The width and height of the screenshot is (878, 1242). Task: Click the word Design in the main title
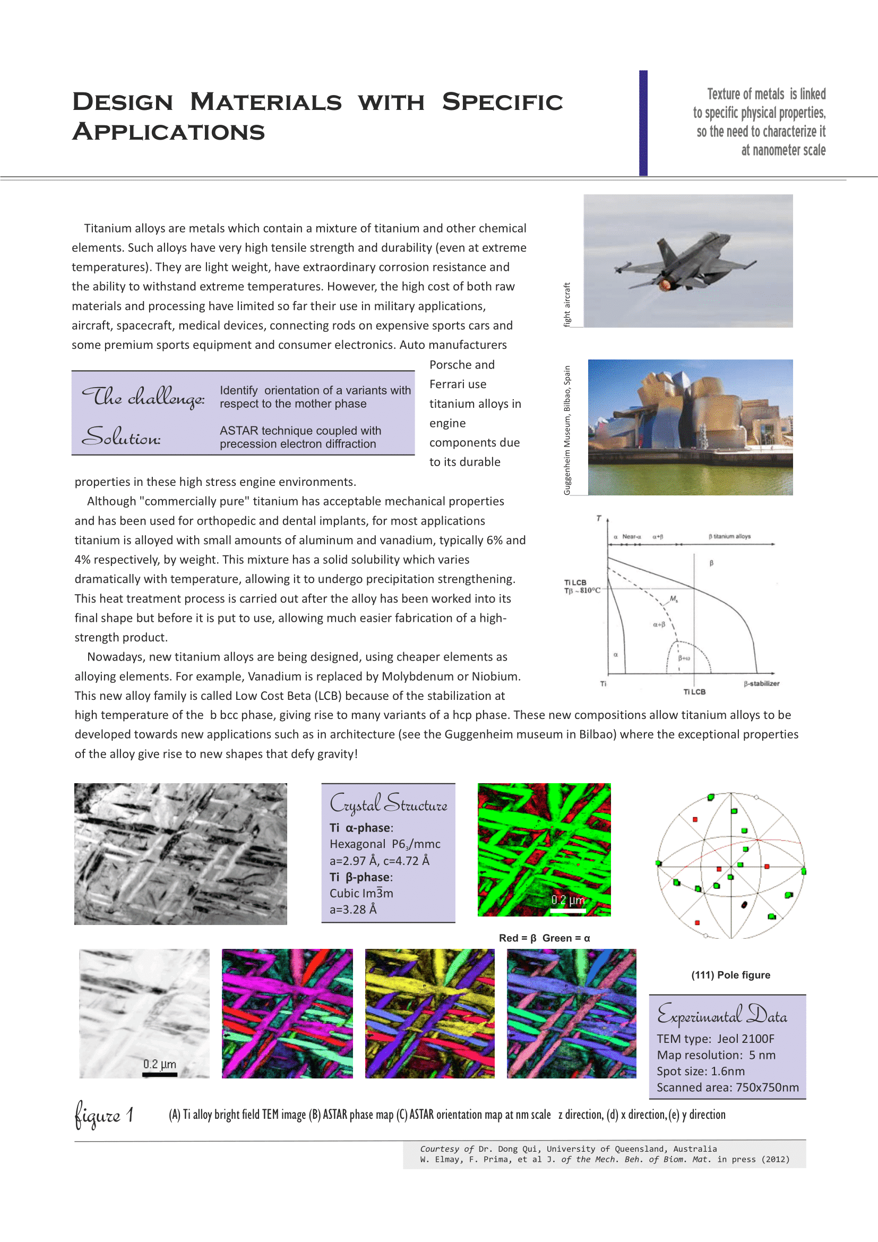123,102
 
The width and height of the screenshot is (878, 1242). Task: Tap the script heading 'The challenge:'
143,398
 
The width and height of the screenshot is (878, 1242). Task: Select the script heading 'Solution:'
121,436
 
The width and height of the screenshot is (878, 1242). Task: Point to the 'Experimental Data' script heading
722,1015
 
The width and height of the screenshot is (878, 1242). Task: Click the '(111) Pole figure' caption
730,975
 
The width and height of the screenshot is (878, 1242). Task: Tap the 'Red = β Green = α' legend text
544,938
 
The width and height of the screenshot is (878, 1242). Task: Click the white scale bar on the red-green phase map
567,911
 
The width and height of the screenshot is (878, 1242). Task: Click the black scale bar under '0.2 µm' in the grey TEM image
159,1074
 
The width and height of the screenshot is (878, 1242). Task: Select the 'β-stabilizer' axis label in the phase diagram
761,684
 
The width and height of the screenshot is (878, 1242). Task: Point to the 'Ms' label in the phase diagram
674,599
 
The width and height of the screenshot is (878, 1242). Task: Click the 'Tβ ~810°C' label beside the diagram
582,590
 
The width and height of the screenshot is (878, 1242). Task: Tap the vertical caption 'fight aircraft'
566,305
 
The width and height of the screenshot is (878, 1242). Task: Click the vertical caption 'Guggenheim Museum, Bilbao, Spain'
566,430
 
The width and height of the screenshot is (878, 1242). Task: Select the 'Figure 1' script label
104,1115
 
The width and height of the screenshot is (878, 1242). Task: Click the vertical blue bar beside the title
643,123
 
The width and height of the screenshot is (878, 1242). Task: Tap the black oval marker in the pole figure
744,904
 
